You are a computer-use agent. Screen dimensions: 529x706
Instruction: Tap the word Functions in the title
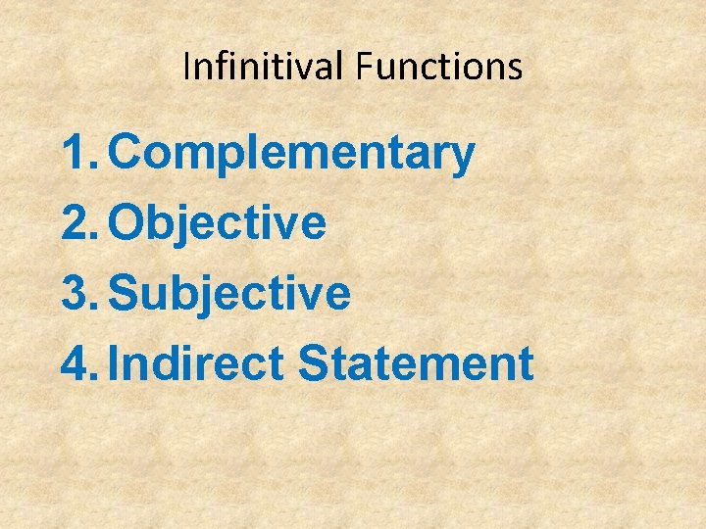(x=439, y=67)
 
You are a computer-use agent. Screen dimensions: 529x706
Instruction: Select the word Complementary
(x=292, y=155)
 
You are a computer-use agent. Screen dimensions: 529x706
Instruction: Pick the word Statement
(x=416, y=363)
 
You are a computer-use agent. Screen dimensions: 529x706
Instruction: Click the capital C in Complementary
(x=126, y=154)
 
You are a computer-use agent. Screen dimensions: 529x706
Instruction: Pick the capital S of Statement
(x=315, y=363)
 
